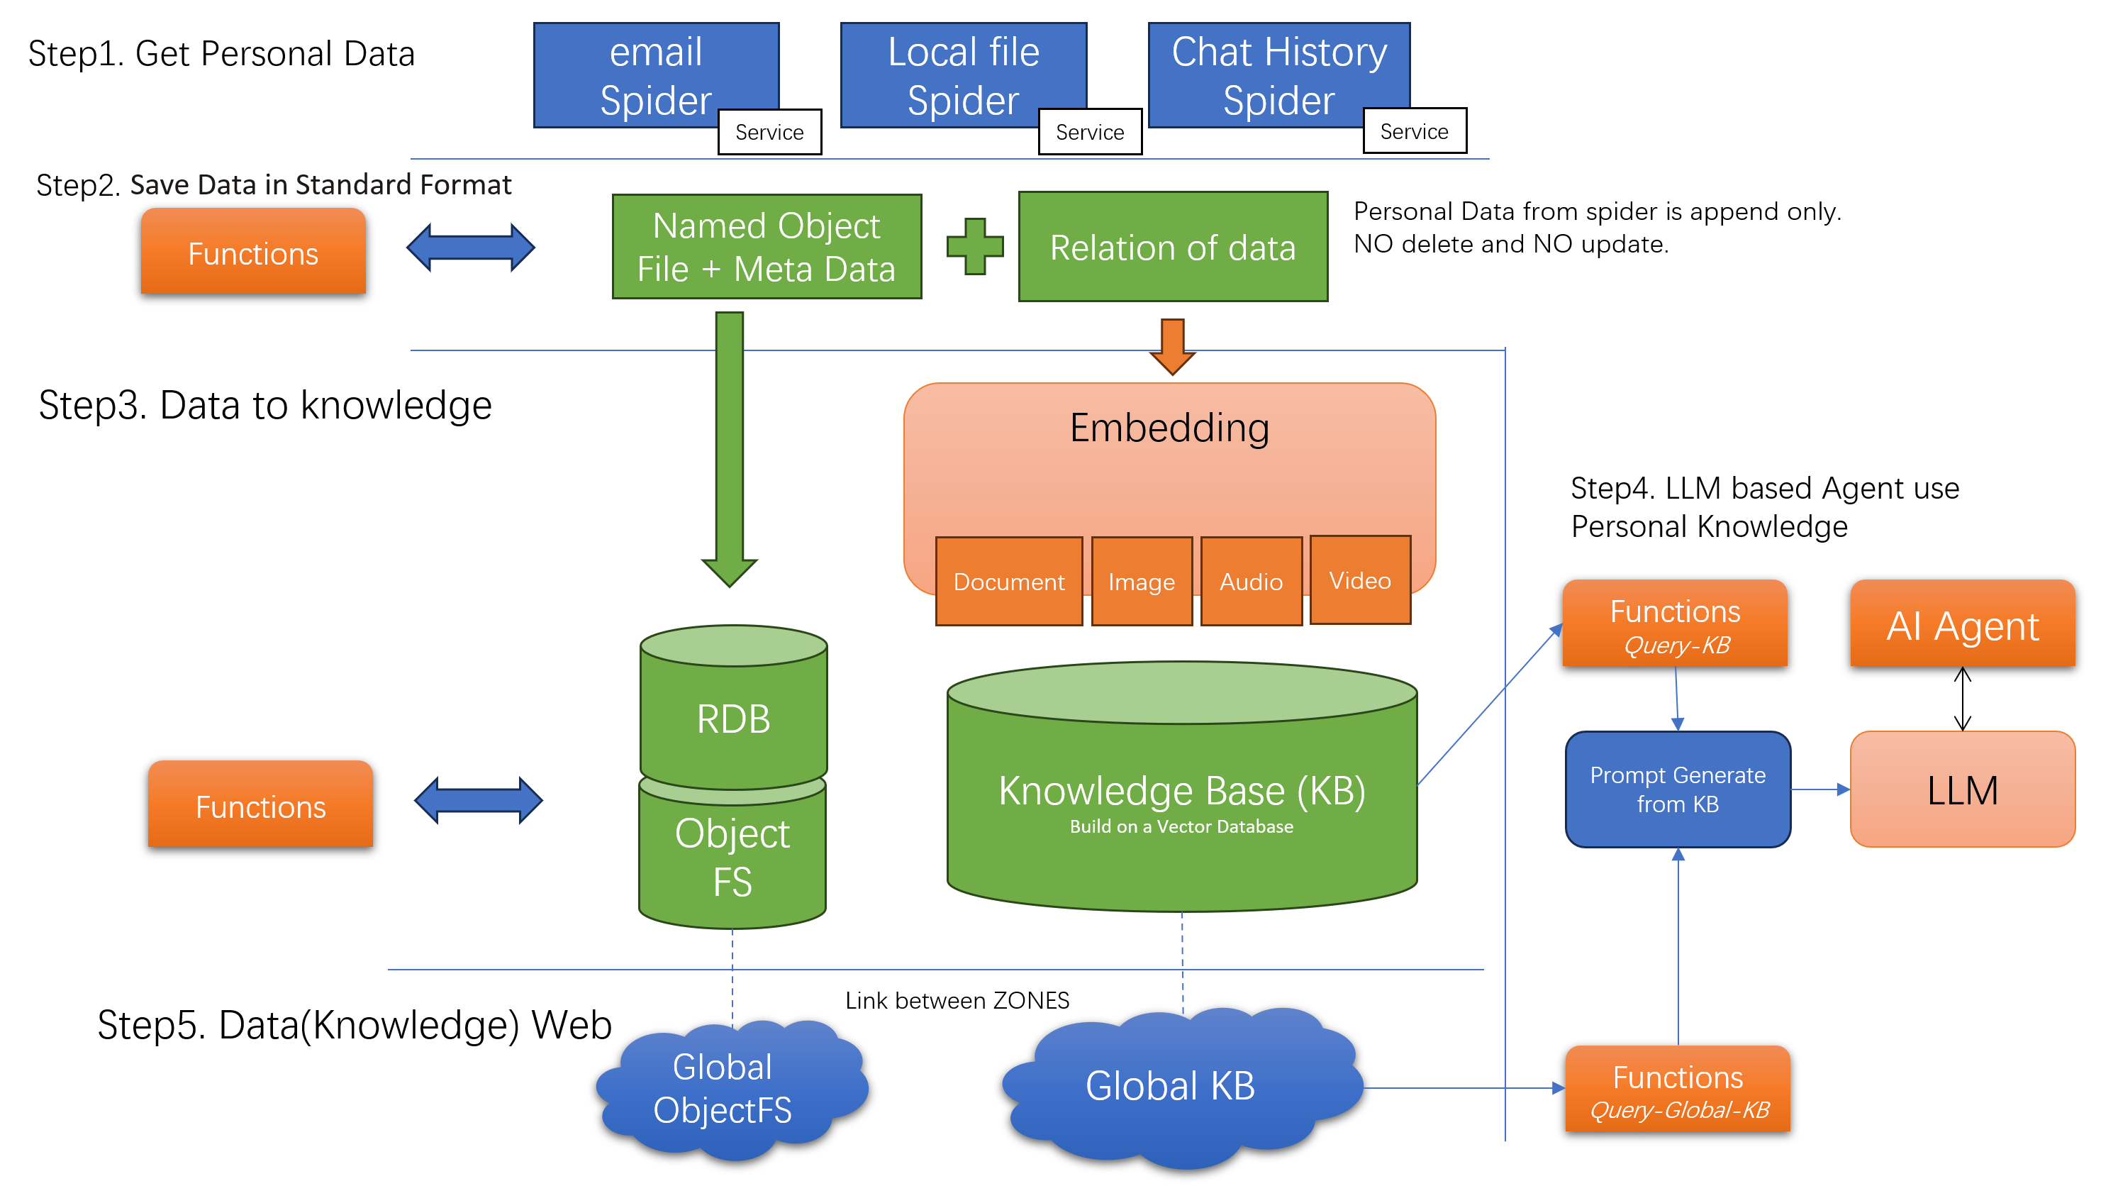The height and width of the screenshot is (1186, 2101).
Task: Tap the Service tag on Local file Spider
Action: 1089,131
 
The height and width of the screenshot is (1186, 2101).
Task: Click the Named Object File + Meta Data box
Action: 766,246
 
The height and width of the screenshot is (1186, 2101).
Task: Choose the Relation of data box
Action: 1172,247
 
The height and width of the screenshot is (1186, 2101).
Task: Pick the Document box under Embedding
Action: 1008,582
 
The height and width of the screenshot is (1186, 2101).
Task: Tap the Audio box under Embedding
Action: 1250,582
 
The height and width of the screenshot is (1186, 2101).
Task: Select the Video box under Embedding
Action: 1359,580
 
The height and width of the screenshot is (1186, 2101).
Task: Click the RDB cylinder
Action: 732,709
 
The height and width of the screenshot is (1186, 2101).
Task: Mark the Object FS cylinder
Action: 732,856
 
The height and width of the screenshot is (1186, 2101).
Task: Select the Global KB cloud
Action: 1171,1085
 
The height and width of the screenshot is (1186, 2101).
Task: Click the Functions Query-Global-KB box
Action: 1677,1090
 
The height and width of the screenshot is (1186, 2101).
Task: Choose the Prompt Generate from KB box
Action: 1677,789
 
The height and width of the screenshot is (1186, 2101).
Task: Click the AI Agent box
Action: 1961,625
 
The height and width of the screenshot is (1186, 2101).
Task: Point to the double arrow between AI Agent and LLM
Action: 1961,698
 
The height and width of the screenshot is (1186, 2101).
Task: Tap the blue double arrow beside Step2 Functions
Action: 471,246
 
